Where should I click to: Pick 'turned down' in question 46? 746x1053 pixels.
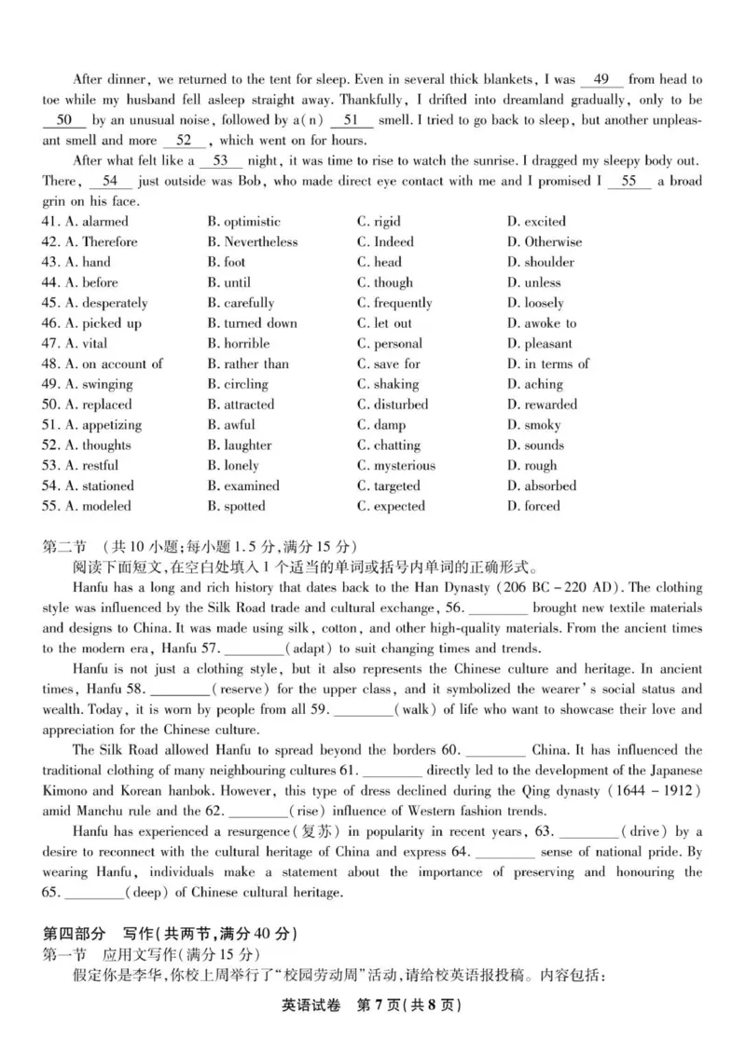tap(253, 323)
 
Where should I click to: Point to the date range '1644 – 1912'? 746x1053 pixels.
tap(653, 791)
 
